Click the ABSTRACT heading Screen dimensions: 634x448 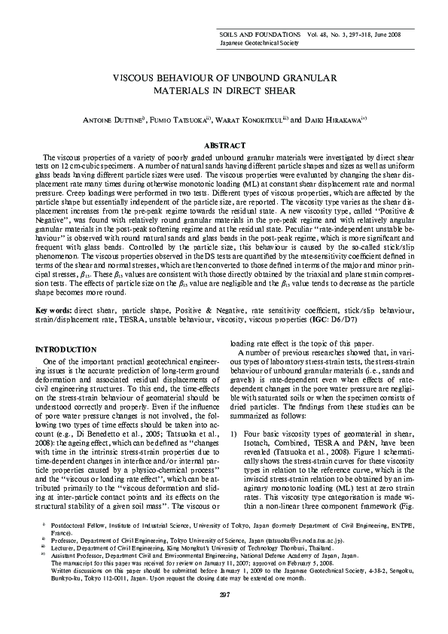tap(224, 145)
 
